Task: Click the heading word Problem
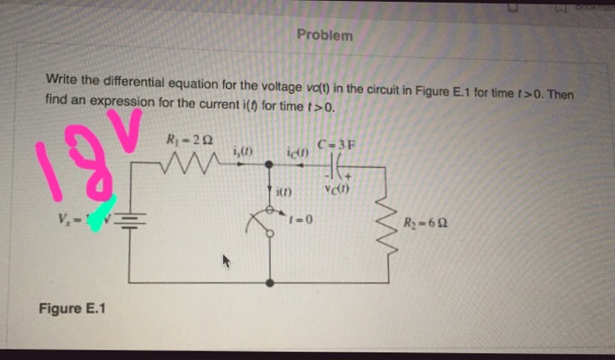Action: (324, 36)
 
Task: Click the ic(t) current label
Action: (295, 154)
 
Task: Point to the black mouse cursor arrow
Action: (227, 261)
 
